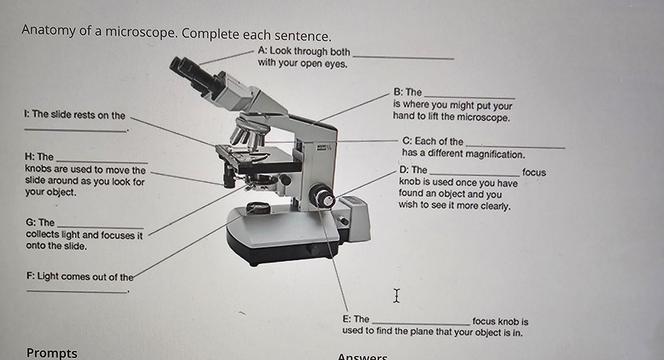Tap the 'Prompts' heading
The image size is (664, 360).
coord(52,353)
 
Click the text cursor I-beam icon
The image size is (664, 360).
coord(396,296)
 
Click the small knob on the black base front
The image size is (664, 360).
coord(315,249)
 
